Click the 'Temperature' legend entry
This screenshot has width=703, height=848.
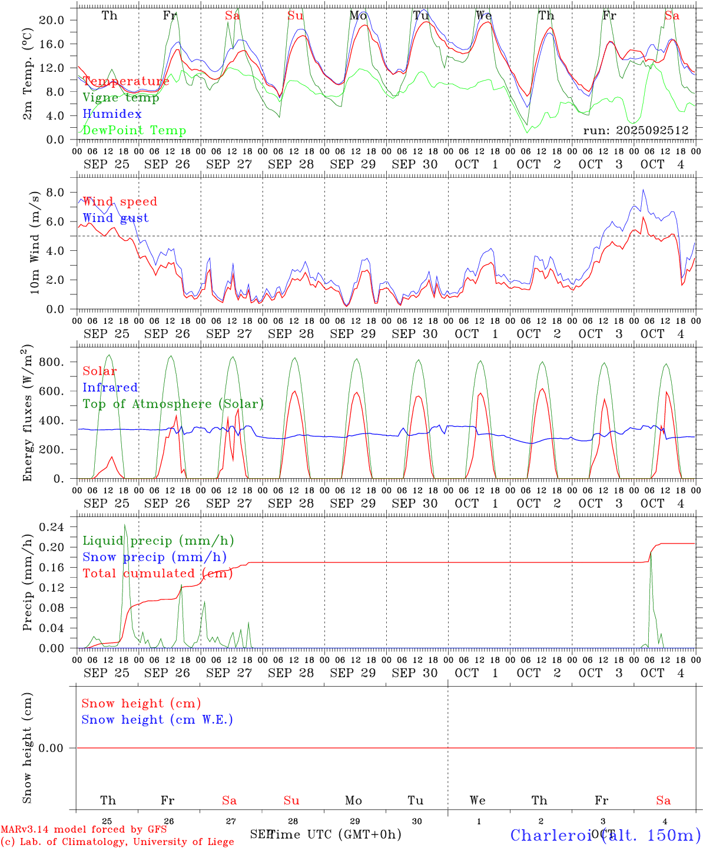[125, 81]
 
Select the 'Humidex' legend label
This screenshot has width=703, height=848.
[112, 114]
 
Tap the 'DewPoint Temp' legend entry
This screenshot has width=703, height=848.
[134, 131]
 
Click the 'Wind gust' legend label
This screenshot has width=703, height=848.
[115, 218]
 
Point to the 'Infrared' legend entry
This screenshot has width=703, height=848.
[110, 387]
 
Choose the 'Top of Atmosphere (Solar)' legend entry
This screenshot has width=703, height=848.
[173, 404]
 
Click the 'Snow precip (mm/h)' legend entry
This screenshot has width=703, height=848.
[154, 557]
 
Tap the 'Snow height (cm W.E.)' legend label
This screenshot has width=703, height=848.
[157, 720]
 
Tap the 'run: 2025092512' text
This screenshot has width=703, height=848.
[635, 131]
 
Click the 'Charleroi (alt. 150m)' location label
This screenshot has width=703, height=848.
[605, 835]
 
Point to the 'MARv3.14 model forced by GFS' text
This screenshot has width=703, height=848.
[84, 830]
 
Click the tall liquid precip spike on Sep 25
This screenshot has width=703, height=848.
[124, 525]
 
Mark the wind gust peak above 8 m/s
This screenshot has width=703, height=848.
[644, 190]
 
